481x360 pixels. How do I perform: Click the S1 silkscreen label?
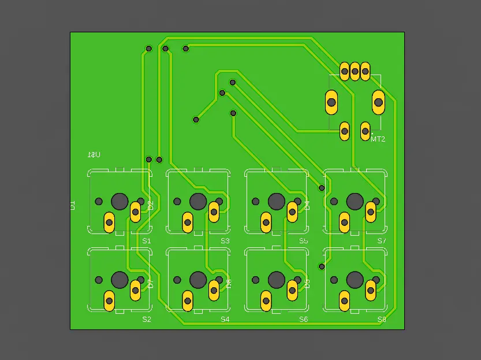coord(146,240)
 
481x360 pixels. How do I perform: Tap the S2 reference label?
coord(146,319)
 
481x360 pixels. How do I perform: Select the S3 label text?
coord(225,240)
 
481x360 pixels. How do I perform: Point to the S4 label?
coord(225,319)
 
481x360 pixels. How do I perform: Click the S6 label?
coord(303,319)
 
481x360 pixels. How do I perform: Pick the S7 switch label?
coord(382,240)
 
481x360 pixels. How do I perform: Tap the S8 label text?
coord(382,319)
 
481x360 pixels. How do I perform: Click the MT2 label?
coord(378,139)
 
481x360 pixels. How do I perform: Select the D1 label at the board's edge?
coord(73,205)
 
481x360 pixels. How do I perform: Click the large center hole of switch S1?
coord(120,201)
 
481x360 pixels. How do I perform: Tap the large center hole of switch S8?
coord(355,280)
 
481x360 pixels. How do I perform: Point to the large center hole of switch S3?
coord(198,201)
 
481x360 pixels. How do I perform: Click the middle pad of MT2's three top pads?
coord(355,72)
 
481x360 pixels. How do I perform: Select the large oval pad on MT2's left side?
coord(331,102)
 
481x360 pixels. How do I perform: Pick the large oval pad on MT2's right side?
coord(378,102)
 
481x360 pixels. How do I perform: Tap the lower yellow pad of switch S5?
coord(266,222)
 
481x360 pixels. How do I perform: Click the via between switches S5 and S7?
coord(322,188)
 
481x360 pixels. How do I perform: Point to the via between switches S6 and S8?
coord(322,266)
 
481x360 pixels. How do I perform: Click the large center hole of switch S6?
coord(277,280)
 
